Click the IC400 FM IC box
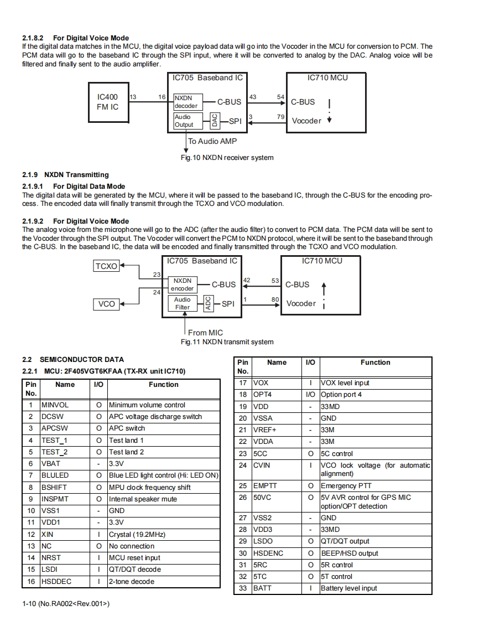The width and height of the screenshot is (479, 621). pyautogui.click(x=108, y=102)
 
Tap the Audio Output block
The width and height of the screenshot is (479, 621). pyautogui.click(x=185, y=121)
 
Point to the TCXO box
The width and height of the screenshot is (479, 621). pyautogui.click(x=106, y=266)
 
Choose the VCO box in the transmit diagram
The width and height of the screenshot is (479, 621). pyautogui.click(x=106, y=304)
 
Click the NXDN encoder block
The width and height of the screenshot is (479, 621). pyautogui.click(x=182, y=284)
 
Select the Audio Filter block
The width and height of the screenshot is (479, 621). pyautogui.click(x=182, y=303)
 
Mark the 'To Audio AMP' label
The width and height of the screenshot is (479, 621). pyautogui.click(x=212, y=141)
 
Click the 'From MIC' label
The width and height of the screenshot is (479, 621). pyautogui.click(x=205, y=333)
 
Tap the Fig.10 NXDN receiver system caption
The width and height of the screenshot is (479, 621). pyautogui.click(x=227, y=158)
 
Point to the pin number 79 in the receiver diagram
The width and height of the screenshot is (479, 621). pyautogui.click(x=281, y=117)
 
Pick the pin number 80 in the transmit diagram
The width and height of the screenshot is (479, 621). pyautogui.click(x=275, y=299)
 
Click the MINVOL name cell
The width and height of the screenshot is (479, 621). pyautogui.click(x=55, y=405)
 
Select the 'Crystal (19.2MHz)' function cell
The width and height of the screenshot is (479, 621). pyautogui.click(x=137, y=535)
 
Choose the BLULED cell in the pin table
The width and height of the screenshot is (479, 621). pyautogui.click(x=55, y=475)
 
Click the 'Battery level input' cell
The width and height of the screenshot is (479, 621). pyautogui.click(x=349, y=588)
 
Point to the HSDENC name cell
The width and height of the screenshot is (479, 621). pyautogui.click(x=268, y=553)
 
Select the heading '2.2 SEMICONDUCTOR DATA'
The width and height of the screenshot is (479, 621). pyautogui.click(x=73, y=359)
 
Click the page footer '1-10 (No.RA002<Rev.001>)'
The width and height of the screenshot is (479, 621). pyautogui.click(x=66, y=604)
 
